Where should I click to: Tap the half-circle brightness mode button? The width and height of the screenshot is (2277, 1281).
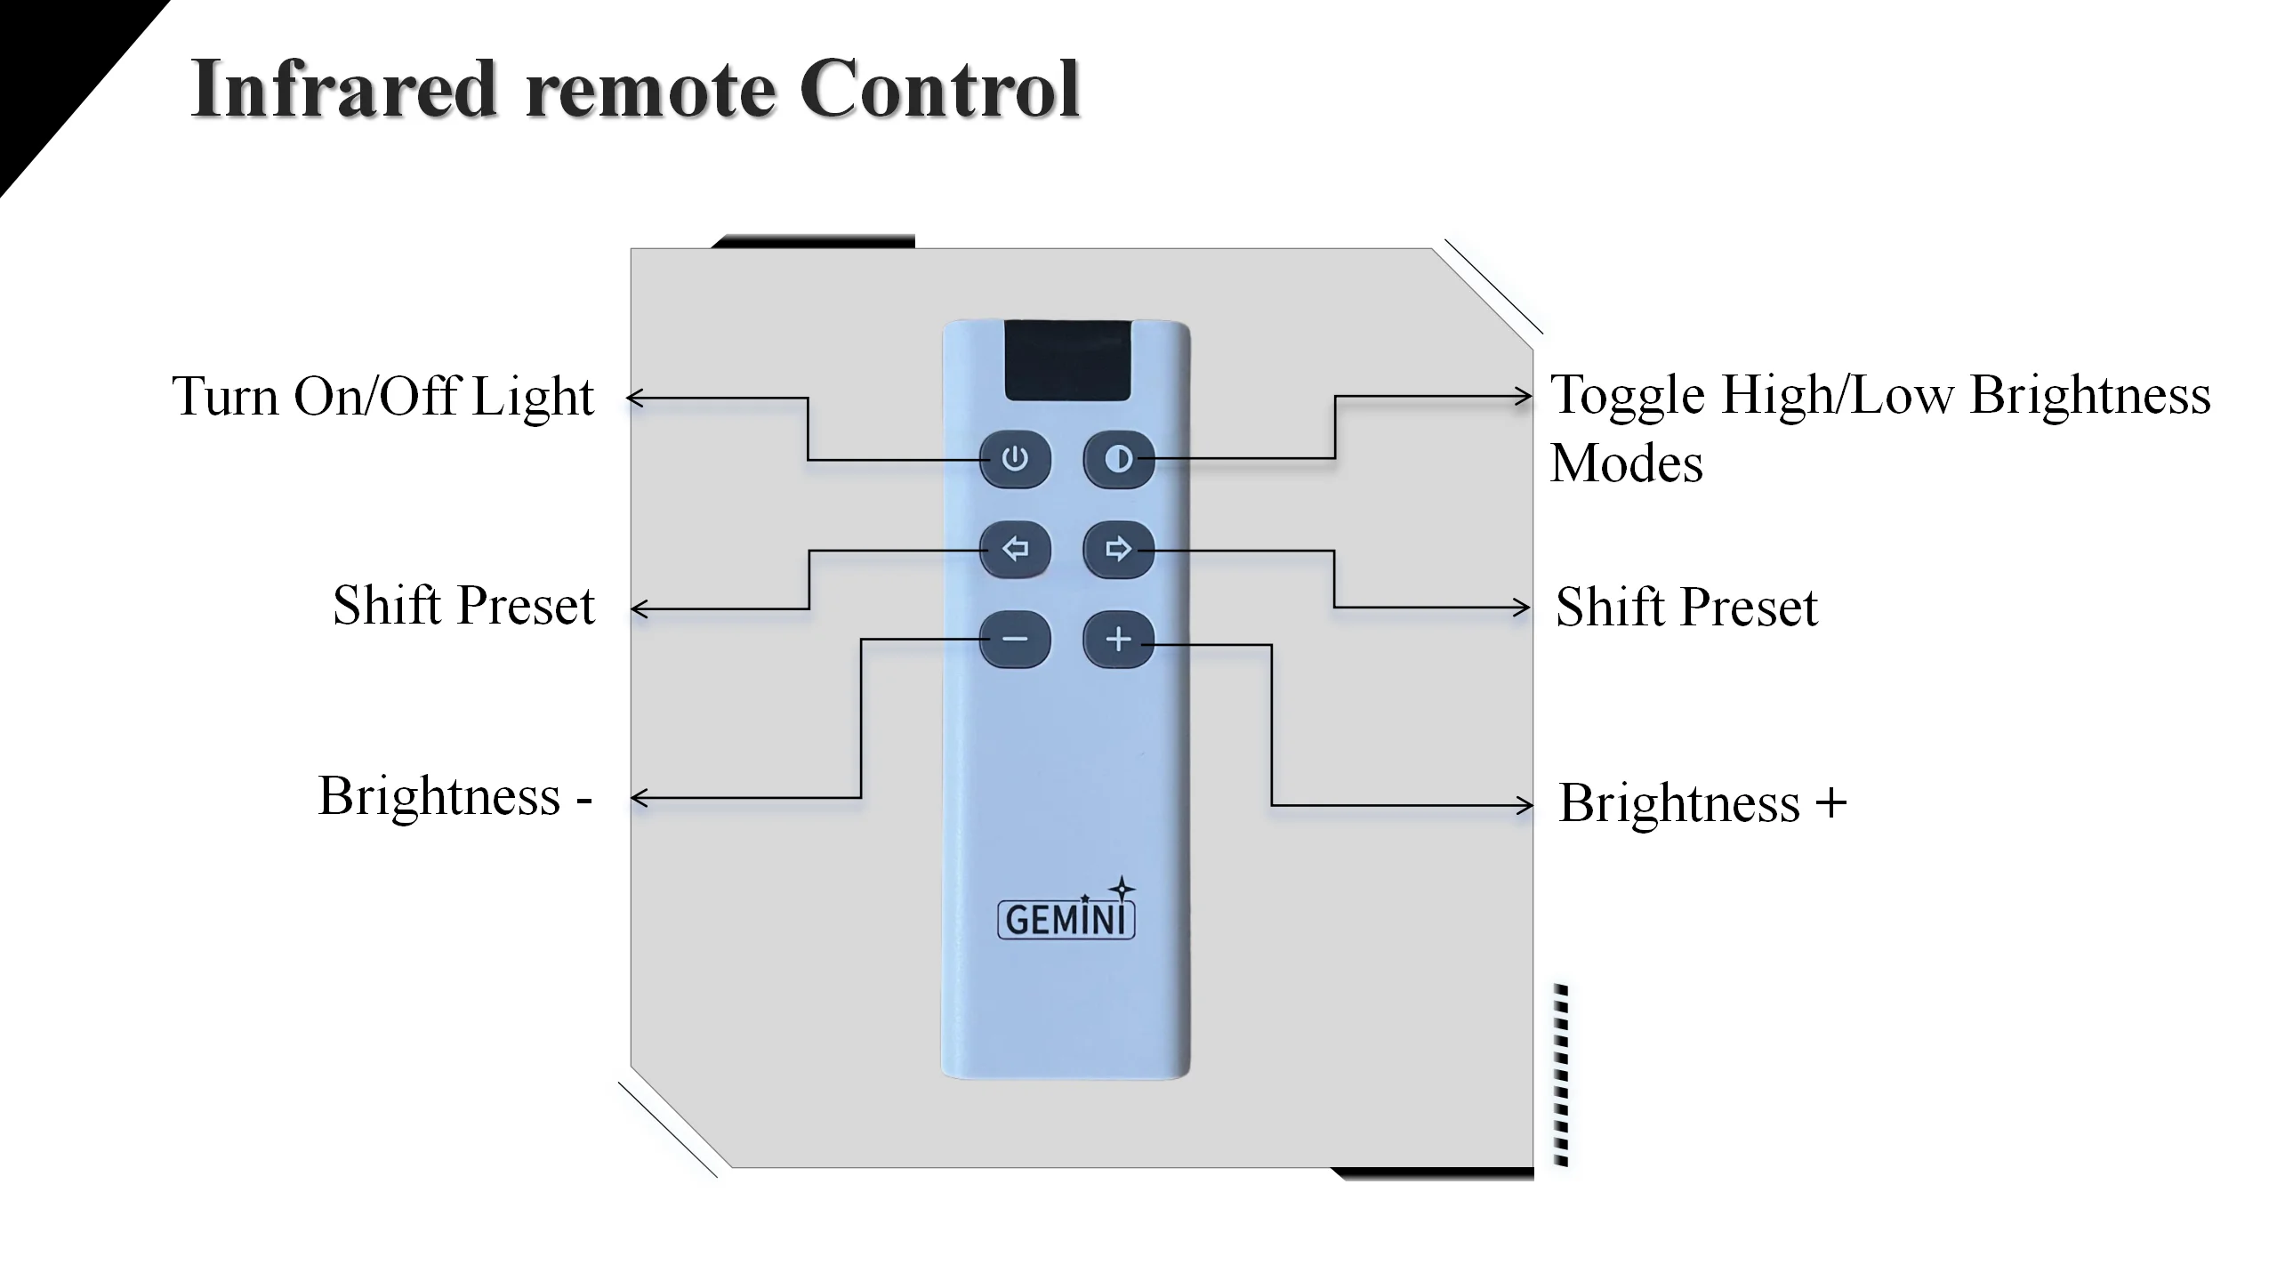point(1118,459)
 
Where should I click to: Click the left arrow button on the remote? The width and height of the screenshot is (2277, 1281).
point(1015,549)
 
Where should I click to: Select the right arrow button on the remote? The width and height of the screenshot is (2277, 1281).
point(1118,549)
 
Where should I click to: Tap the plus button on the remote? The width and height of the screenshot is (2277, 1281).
point(1118,640)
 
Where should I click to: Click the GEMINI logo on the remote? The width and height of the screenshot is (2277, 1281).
point(1066,920)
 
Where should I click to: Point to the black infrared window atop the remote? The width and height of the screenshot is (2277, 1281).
point(1067,360)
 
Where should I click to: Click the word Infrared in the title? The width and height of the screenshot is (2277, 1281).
point(342,89)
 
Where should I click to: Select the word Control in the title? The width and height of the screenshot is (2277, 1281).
point(939,89)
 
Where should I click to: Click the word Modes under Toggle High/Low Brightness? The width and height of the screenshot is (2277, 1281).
point(1626,463)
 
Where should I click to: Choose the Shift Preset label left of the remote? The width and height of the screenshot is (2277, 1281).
point(463,606)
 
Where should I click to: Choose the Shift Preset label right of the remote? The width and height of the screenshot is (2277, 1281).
point(1686,608)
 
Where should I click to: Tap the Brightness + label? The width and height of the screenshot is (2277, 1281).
point(1702,803)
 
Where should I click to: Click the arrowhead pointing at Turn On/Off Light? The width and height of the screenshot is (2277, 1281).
point(634,398)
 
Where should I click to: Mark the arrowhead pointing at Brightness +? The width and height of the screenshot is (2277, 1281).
point(1525,806)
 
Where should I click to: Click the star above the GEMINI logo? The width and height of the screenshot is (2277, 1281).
point(1122,887)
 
